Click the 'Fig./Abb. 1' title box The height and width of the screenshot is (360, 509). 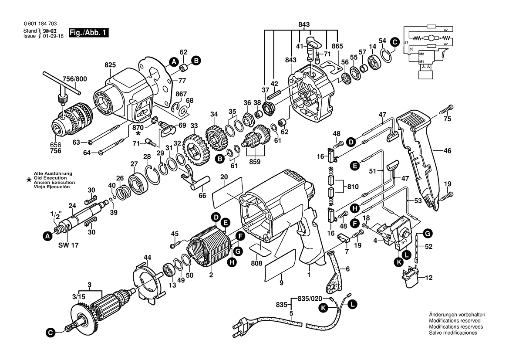tap(88, 33)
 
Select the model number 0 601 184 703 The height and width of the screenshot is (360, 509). tap(40, 24)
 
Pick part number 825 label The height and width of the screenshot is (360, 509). tap(110, 65)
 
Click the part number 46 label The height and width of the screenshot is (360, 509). tap(447, 151)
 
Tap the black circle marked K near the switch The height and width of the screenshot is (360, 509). tap(399, 262)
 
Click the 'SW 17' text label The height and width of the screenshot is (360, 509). tap(68, 245)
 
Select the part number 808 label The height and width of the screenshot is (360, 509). tap(256, 263)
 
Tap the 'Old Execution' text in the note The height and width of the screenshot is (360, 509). tap(51, 178)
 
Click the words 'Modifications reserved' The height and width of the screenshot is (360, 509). tap(455, 321)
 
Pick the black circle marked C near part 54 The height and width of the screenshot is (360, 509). tap(394, 42)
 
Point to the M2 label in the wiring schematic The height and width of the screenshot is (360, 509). tap(421, 54)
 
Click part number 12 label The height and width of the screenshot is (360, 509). tap(429, 278)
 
